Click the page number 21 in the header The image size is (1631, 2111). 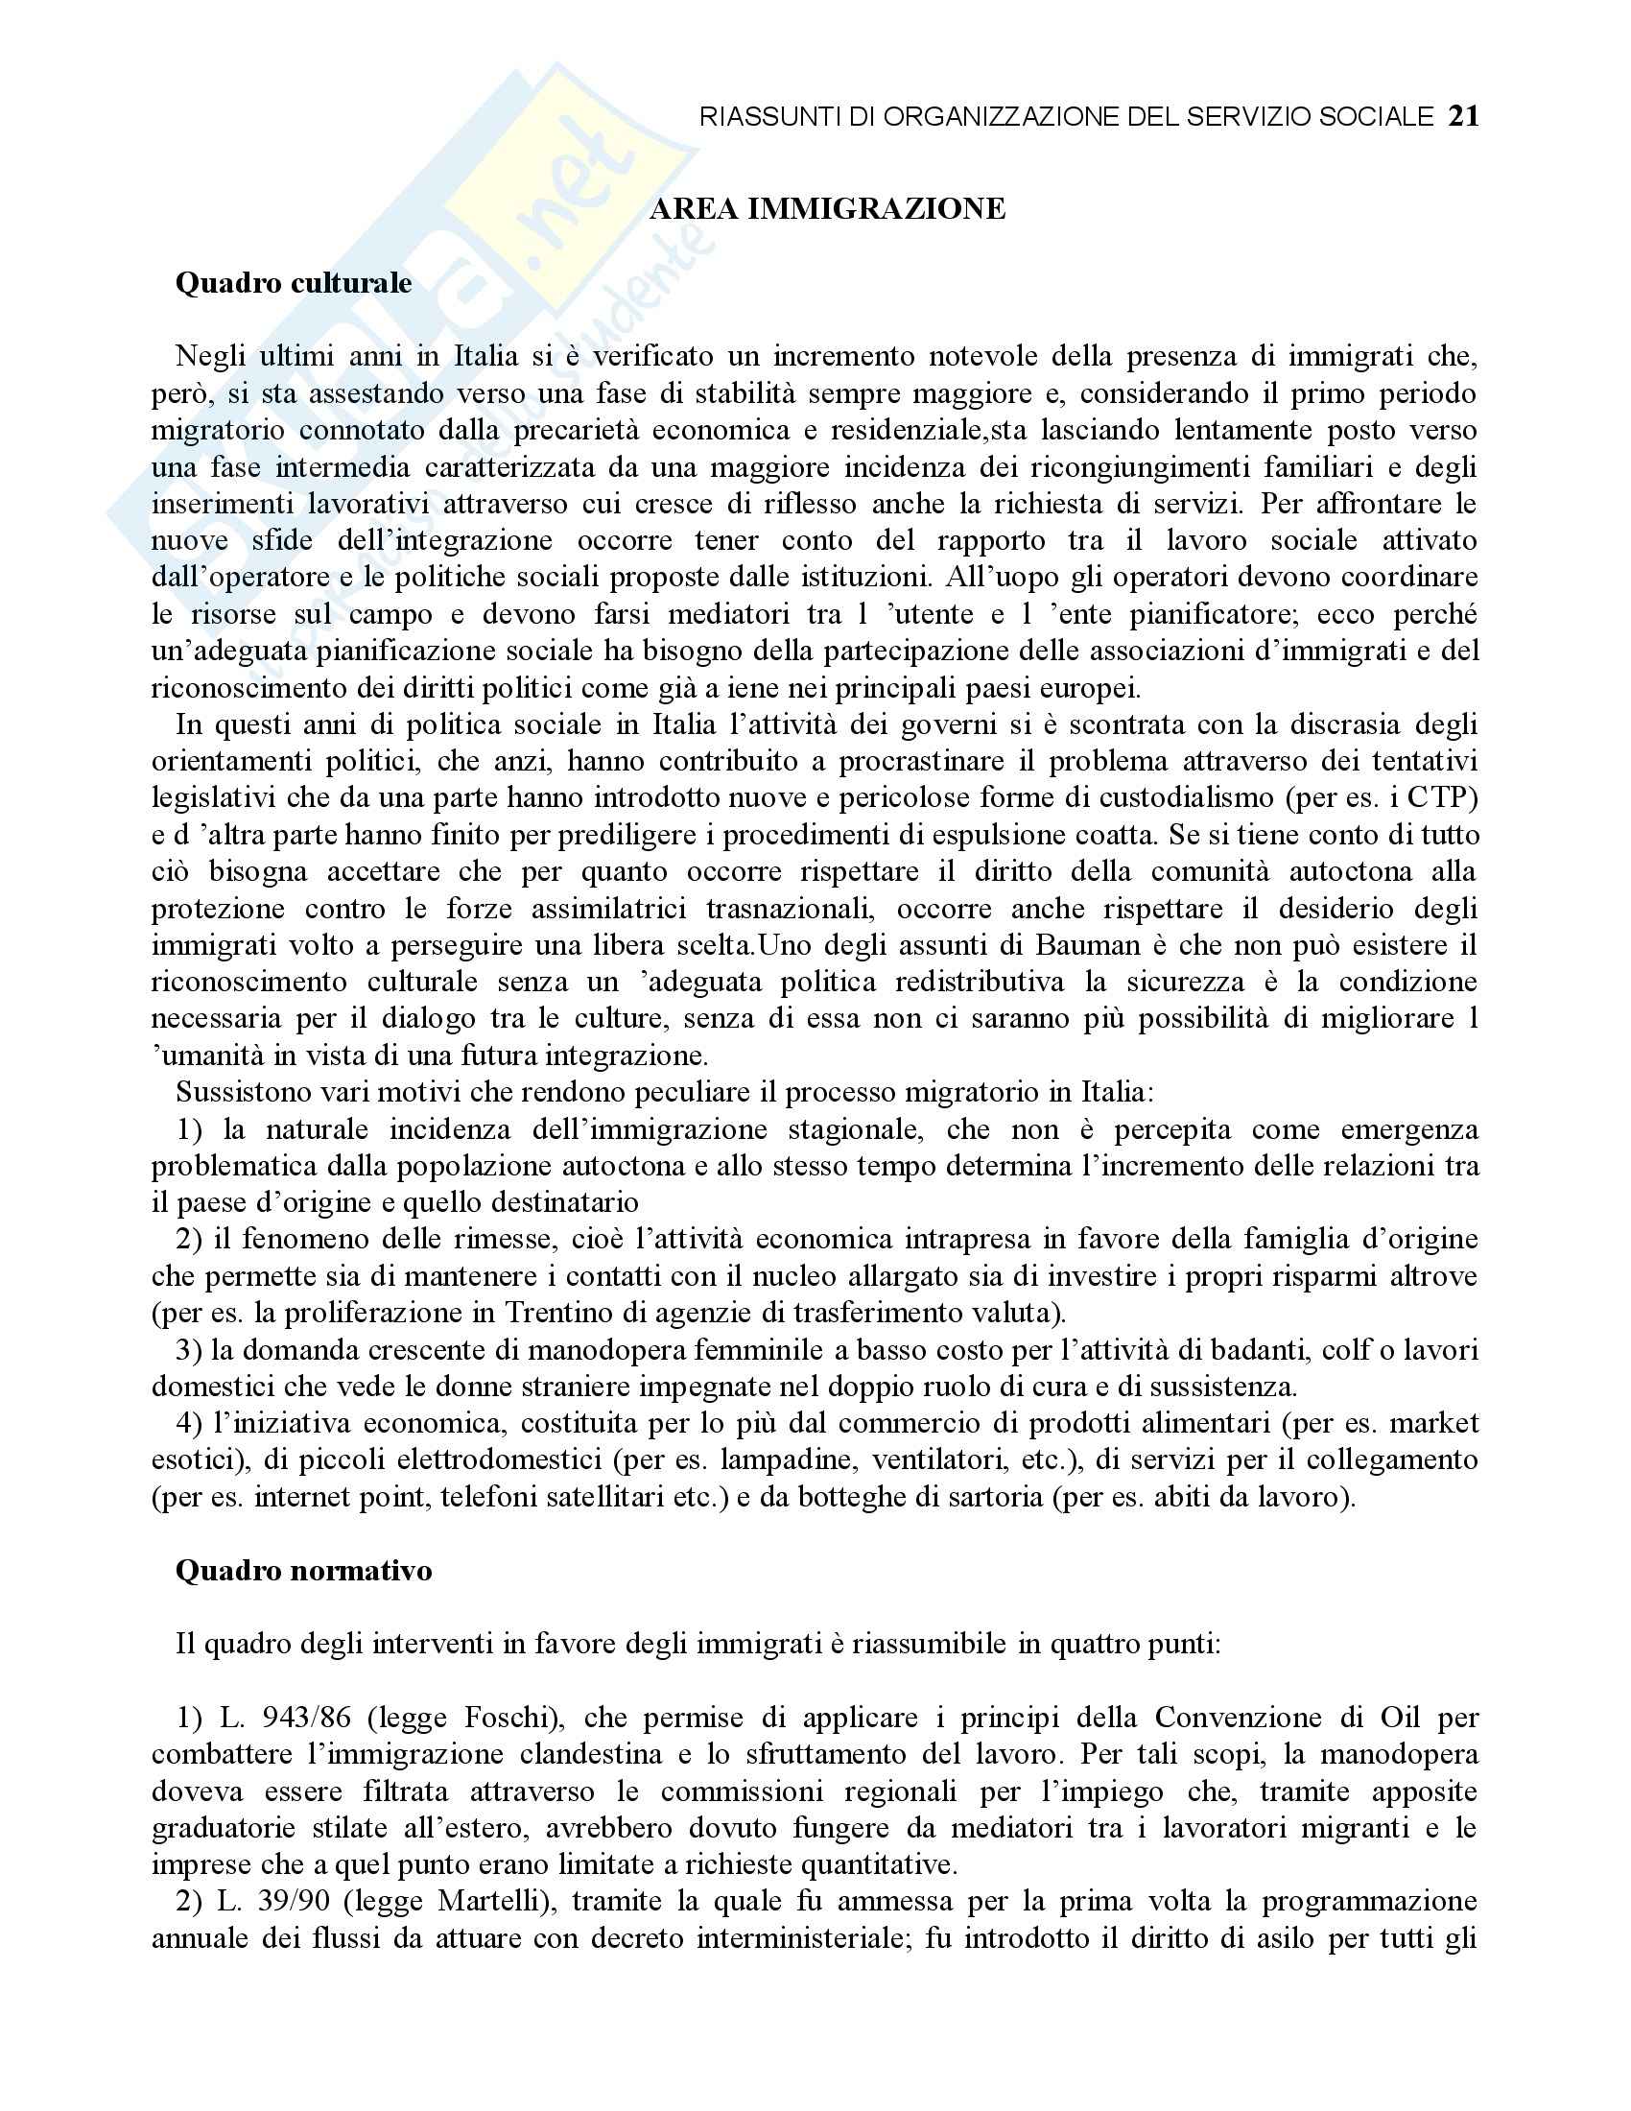[1463, 117]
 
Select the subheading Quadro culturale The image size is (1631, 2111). [293, 283]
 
